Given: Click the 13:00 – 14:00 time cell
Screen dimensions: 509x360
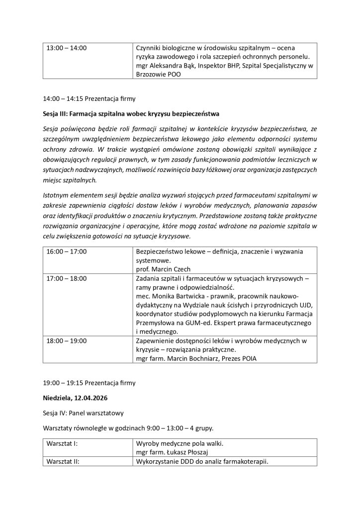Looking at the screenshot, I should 66,48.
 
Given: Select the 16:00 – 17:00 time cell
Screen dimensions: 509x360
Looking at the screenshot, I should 66,252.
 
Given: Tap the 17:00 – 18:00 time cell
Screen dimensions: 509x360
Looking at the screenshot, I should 66,278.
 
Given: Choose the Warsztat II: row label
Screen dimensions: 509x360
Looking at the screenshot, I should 65,461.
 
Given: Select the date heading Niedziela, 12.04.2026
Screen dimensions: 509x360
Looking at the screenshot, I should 76,398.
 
